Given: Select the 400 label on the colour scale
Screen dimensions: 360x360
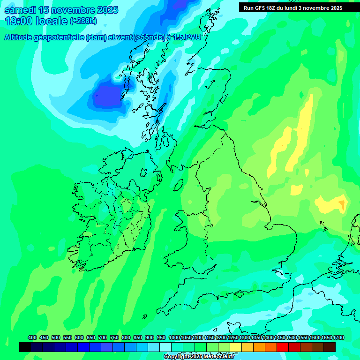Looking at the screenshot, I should click(32, 337).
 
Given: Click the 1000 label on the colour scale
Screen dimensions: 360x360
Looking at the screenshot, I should click(174, 337).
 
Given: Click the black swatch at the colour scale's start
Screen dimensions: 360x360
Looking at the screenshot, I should click(25, 347).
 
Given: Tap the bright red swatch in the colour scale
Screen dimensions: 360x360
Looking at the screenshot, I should click(283, 347).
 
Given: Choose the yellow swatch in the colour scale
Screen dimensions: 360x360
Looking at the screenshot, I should click(236, 347).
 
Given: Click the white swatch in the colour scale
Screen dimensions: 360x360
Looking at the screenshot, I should click(165, 347).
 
